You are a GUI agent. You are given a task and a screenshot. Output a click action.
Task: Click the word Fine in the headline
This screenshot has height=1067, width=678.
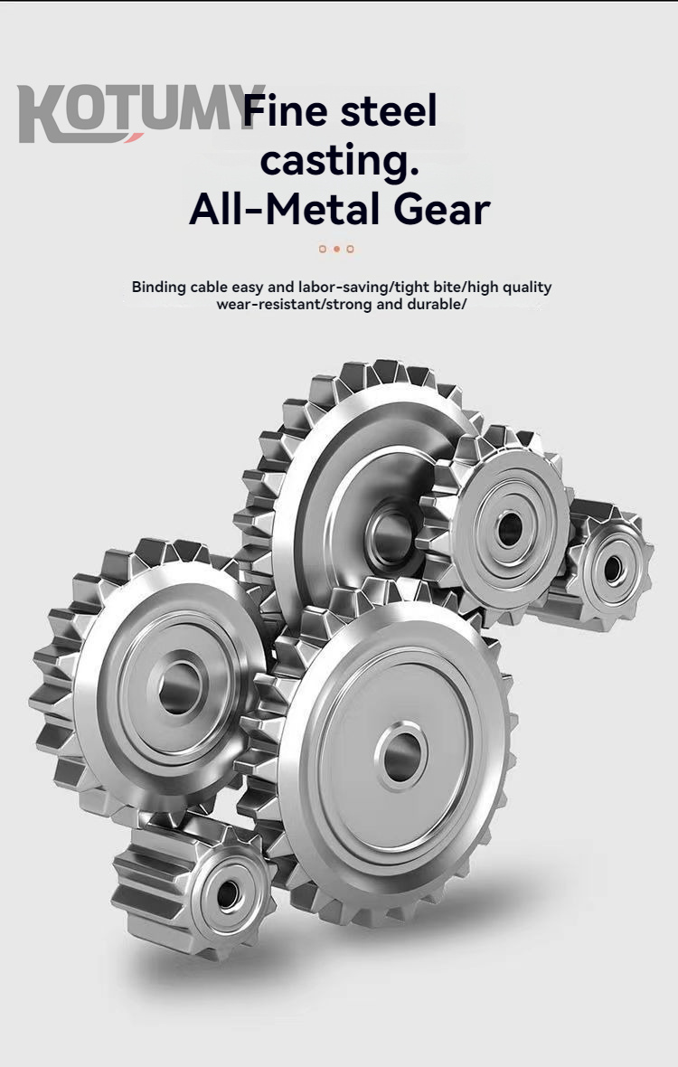(x=287, y=112)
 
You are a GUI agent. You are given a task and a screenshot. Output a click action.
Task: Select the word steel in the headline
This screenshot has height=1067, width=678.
(x=390, y=112)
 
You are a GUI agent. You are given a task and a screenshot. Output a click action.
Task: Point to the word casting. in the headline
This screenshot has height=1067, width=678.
(x=339, y=161)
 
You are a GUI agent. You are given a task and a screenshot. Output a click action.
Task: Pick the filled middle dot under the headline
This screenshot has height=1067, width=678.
(x=336, y=249)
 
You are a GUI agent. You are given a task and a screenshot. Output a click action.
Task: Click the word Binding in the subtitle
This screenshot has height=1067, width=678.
(x=159, y=288)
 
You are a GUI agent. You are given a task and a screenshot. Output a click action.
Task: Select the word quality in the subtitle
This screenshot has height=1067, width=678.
(x=524, y=288)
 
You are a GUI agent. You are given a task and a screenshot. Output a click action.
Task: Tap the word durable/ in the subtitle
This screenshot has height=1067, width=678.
(x=438, y=304)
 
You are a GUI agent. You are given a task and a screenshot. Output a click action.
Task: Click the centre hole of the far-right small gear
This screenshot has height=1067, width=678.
(x=613, y=569)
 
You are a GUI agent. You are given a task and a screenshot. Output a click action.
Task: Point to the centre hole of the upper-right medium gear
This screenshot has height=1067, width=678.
(x=510, y=529)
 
